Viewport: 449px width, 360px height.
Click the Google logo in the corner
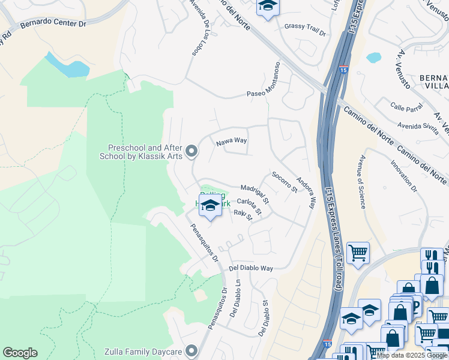coord(20,353)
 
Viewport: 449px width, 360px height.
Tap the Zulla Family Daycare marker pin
coord(191,350)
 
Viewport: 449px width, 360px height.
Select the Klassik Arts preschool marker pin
coord(191,152)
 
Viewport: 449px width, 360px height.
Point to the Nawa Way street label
coord(232,141)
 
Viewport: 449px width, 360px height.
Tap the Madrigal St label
coord(255,193)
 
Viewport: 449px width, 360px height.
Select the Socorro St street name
coord(285,182)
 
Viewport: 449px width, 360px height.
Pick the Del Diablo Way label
coord(251,268)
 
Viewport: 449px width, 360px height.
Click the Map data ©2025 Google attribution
coord(412,355)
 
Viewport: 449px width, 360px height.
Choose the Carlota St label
coord(250,206)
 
